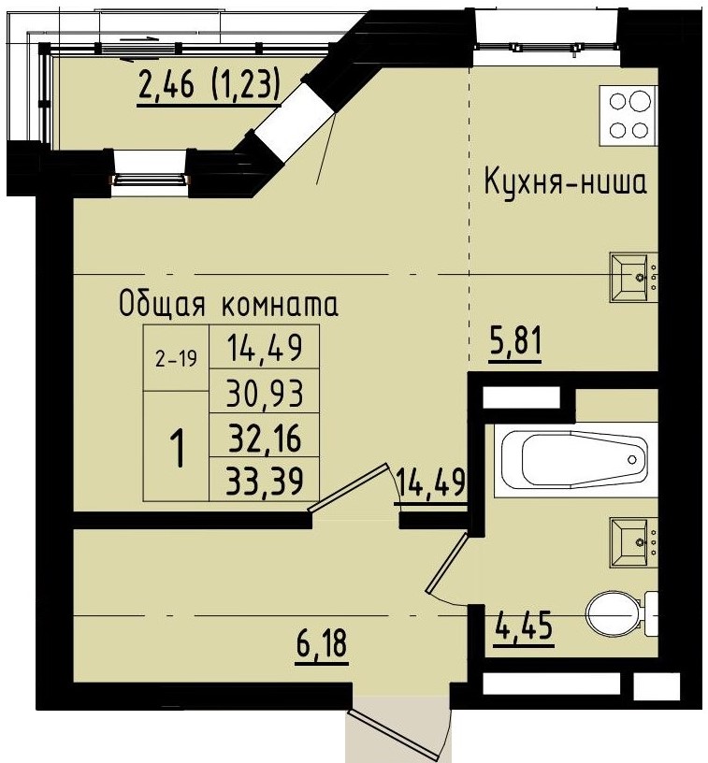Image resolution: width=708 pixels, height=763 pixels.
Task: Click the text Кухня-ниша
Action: click(x=564, y=182)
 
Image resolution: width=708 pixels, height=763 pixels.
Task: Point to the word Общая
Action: click(x=158, y=305)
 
